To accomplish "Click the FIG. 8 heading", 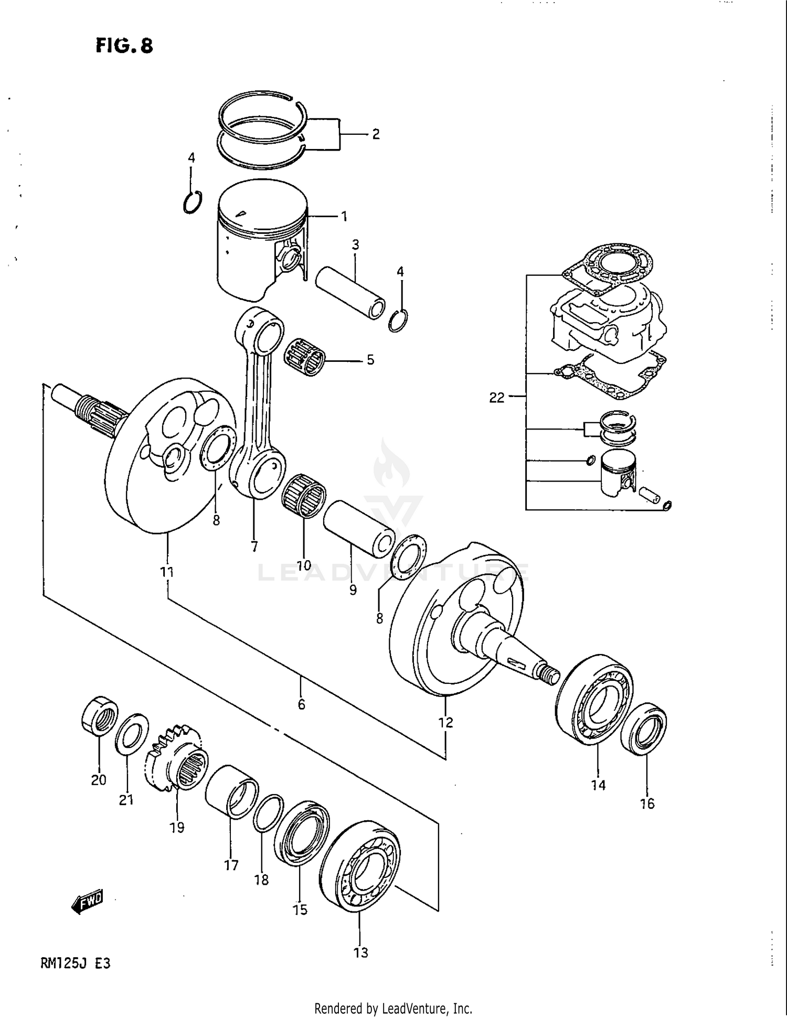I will [124, 46].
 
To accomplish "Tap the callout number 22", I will [496, 398].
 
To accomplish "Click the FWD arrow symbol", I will [88, 901].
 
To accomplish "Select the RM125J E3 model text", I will [75, 963].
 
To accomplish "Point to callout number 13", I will [361, 952].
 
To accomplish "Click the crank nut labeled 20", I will [100, 714].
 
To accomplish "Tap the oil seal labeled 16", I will [644, 729].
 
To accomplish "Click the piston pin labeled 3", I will [350, 293].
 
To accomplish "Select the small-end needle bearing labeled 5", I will [305, 357].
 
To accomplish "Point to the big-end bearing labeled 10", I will [304, 496].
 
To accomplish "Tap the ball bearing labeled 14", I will [594, 699].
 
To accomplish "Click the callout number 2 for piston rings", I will [376, 134].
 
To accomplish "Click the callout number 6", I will [301, 704].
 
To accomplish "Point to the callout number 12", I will [445, 722].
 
